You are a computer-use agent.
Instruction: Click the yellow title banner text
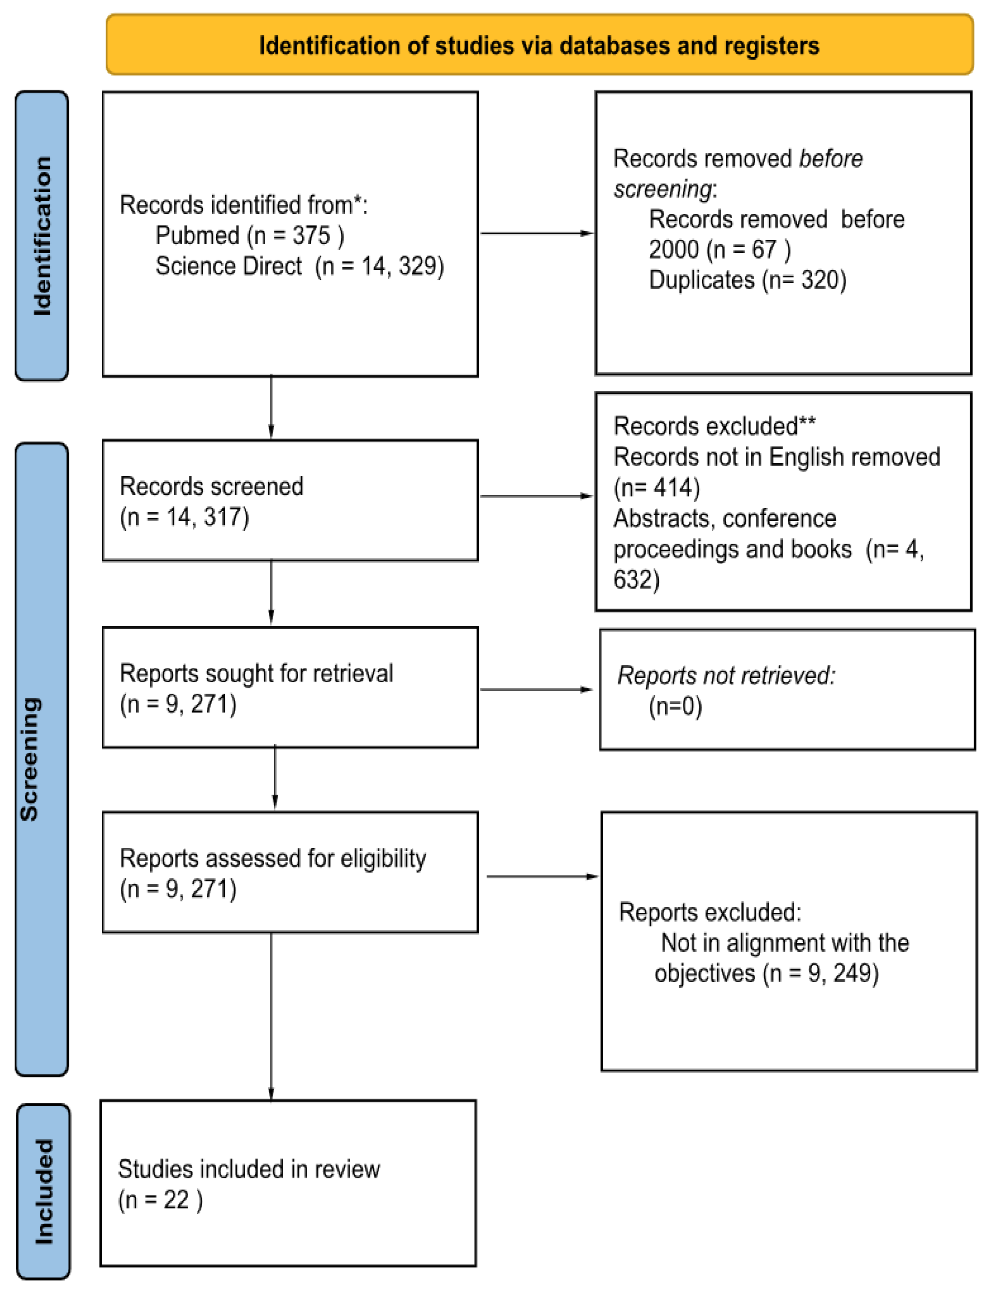(539, 45)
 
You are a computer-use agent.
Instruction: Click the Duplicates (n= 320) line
(747, 279)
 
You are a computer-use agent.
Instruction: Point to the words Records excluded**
(714, 426)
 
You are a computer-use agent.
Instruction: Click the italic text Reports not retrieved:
(726, 675)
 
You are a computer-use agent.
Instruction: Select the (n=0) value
(675, 706)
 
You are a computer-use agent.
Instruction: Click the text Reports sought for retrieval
(256, 673)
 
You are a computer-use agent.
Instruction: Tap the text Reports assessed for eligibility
(273, 858)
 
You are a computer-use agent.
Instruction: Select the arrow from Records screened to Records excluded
(535, 496)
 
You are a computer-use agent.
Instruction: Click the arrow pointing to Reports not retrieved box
(535, 689)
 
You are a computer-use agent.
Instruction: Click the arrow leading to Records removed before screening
(535, 233)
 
